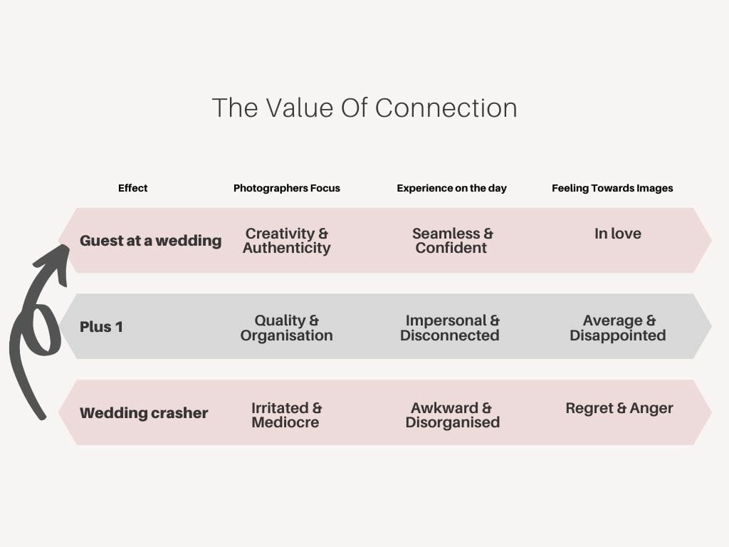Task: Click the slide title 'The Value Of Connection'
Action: (x=364, y=108)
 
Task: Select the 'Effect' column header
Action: (x=133, y=188)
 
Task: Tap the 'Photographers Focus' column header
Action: (x=287, y=188)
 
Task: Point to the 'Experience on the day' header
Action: (x=451, y=188)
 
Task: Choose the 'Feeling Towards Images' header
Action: (x=612, y=188)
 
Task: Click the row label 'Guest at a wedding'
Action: (x=150, y=241)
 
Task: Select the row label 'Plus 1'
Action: (x=101, y=327)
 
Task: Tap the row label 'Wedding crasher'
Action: (x=144, y=413)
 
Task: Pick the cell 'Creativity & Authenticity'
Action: (x=287, y=241)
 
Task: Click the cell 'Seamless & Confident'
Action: (x=452, y=241)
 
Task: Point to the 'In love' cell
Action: (x=617, y=234)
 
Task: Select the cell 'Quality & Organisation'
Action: (x=287, y=328)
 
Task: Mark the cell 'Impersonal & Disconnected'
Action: (x=451, y=328)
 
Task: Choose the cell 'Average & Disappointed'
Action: (x=617, y=328)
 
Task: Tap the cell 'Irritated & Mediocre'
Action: (x=287, y=415)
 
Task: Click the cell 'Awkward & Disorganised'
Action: (x=452, y=415)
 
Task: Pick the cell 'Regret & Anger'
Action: (x=619, y=408)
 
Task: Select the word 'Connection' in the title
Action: (x=446, y=108)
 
